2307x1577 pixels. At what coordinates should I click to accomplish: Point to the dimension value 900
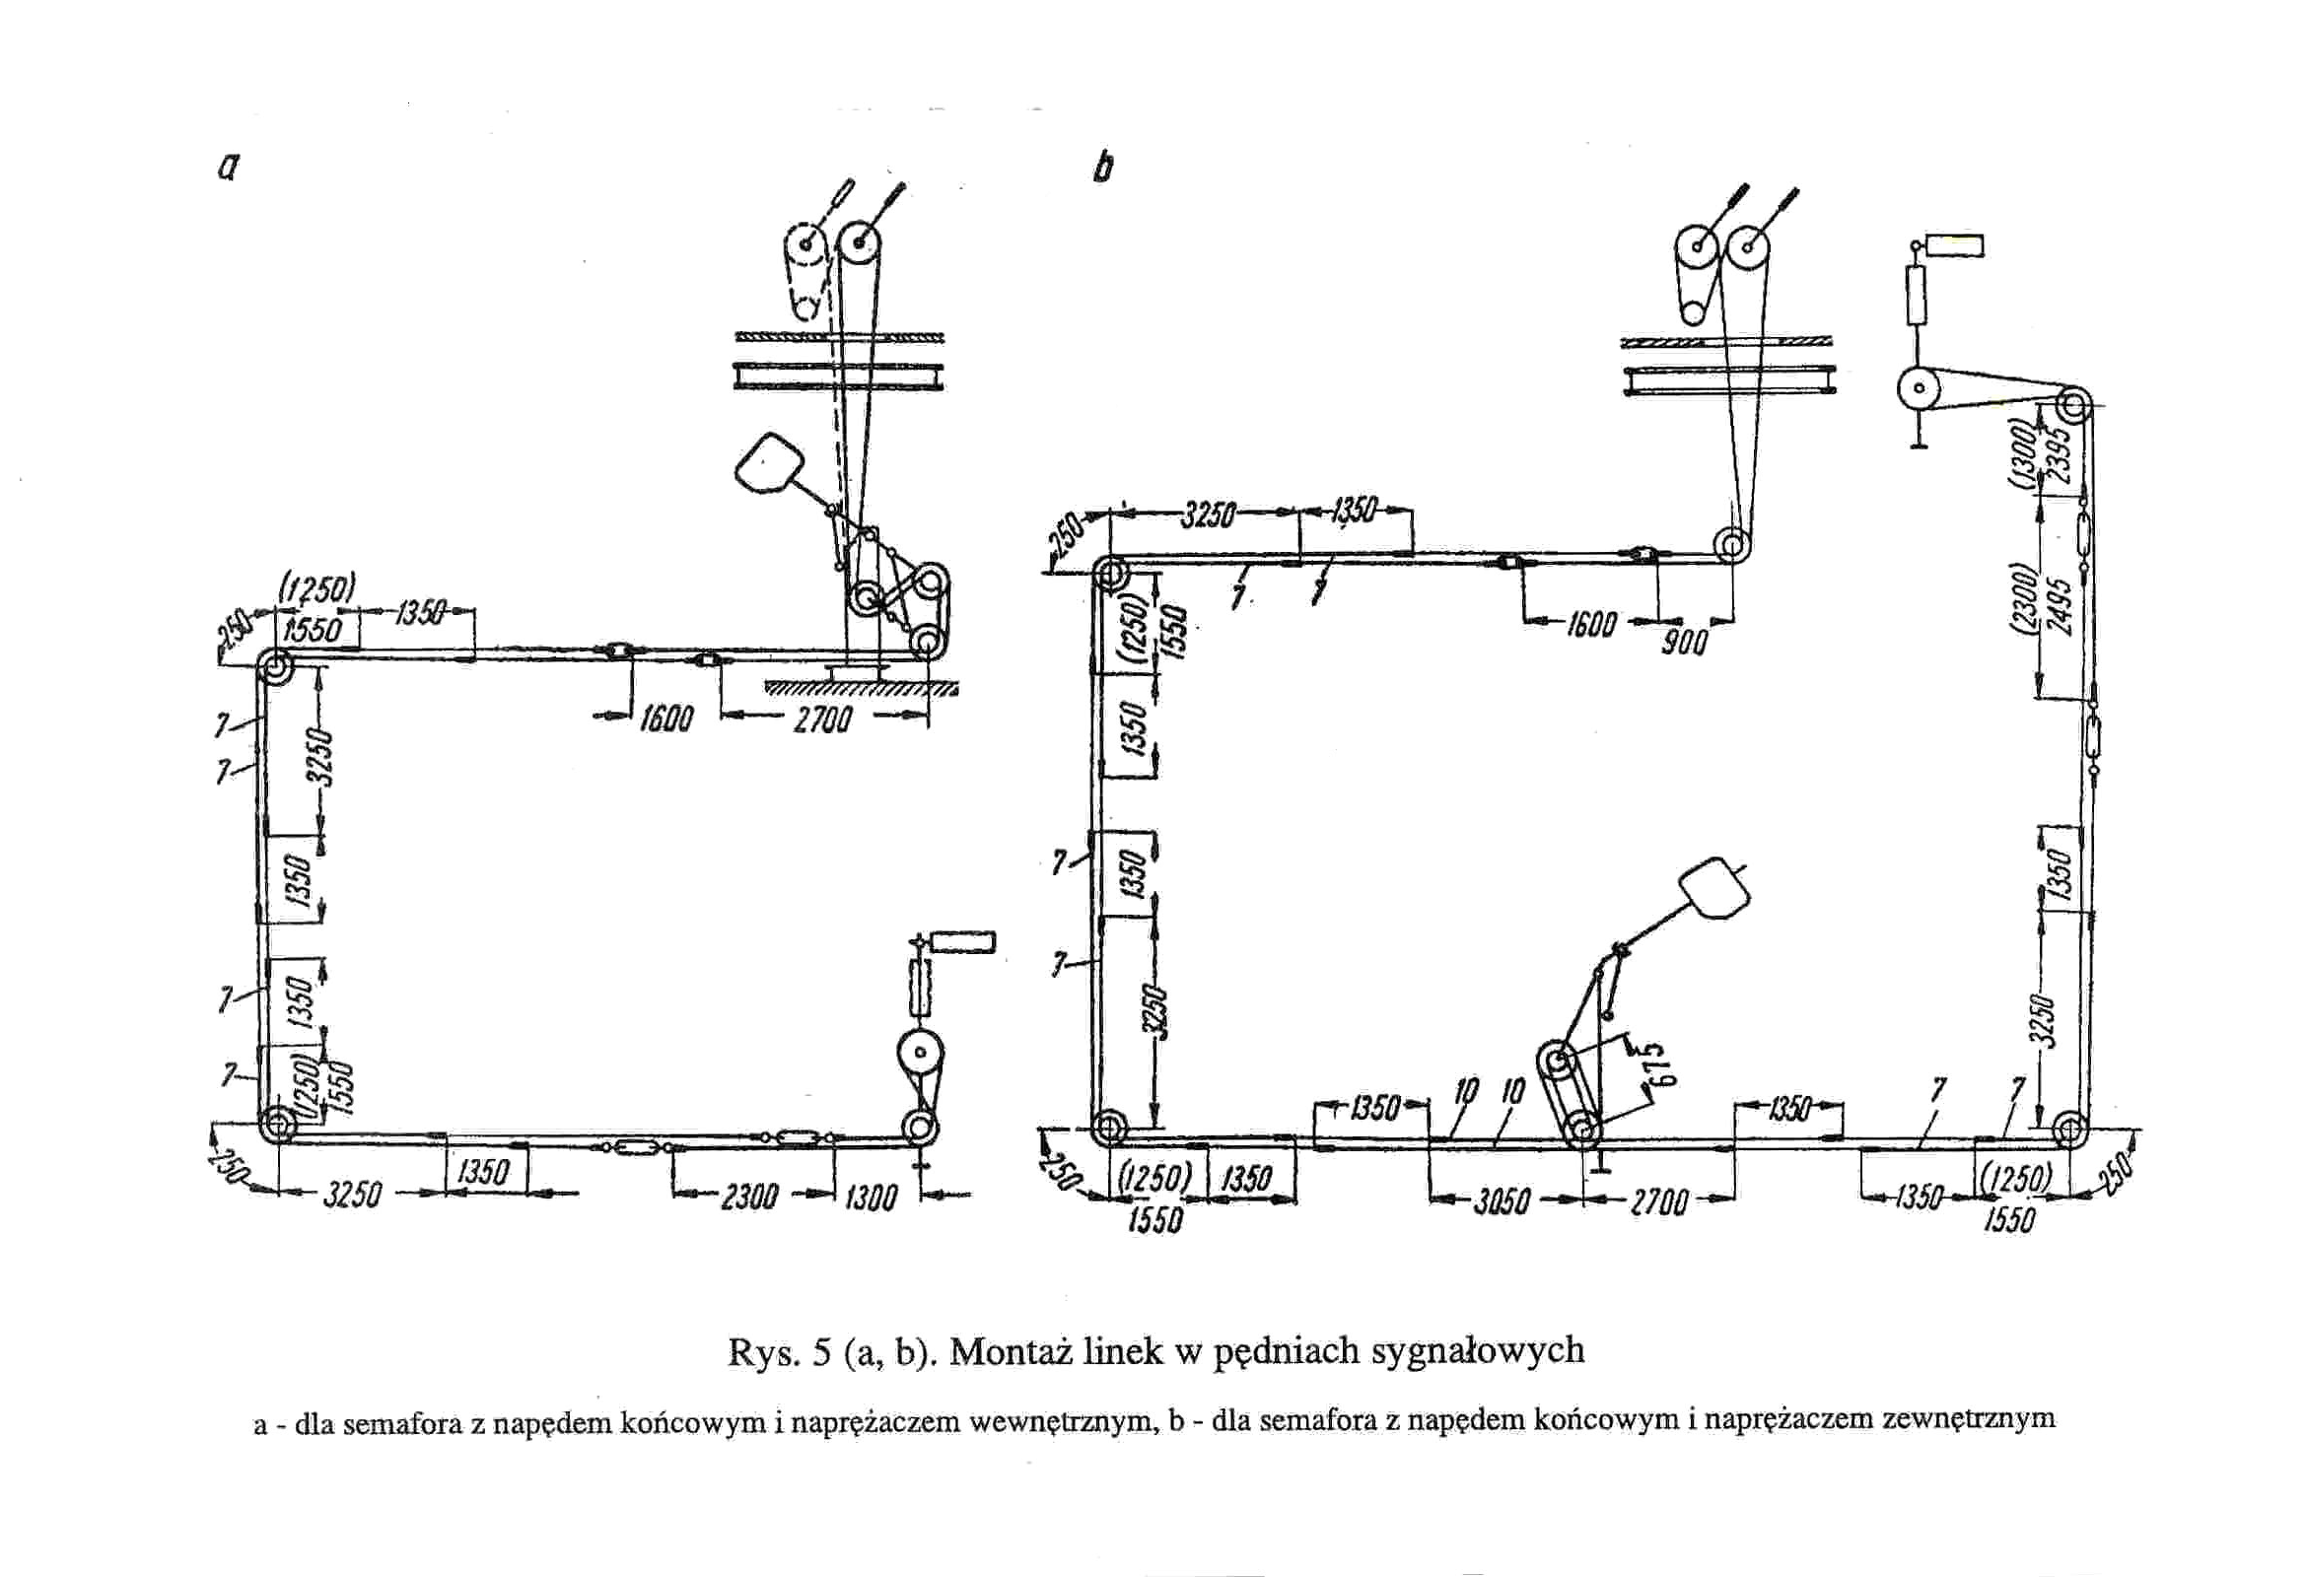point(1685,643)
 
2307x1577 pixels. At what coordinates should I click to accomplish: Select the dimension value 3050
point(1500,1201)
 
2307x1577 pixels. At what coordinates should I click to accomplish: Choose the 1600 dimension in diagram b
point(1590,625)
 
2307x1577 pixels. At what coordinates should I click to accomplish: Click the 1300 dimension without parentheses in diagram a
point(870,1199)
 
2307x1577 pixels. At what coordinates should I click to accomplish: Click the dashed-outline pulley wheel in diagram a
point(805,245)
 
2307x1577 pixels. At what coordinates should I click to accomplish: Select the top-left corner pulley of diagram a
point(273,668)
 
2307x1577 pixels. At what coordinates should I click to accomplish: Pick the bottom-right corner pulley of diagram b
point(2070,1130)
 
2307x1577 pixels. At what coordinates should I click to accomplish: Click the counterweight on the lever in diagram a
point(768,462)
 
